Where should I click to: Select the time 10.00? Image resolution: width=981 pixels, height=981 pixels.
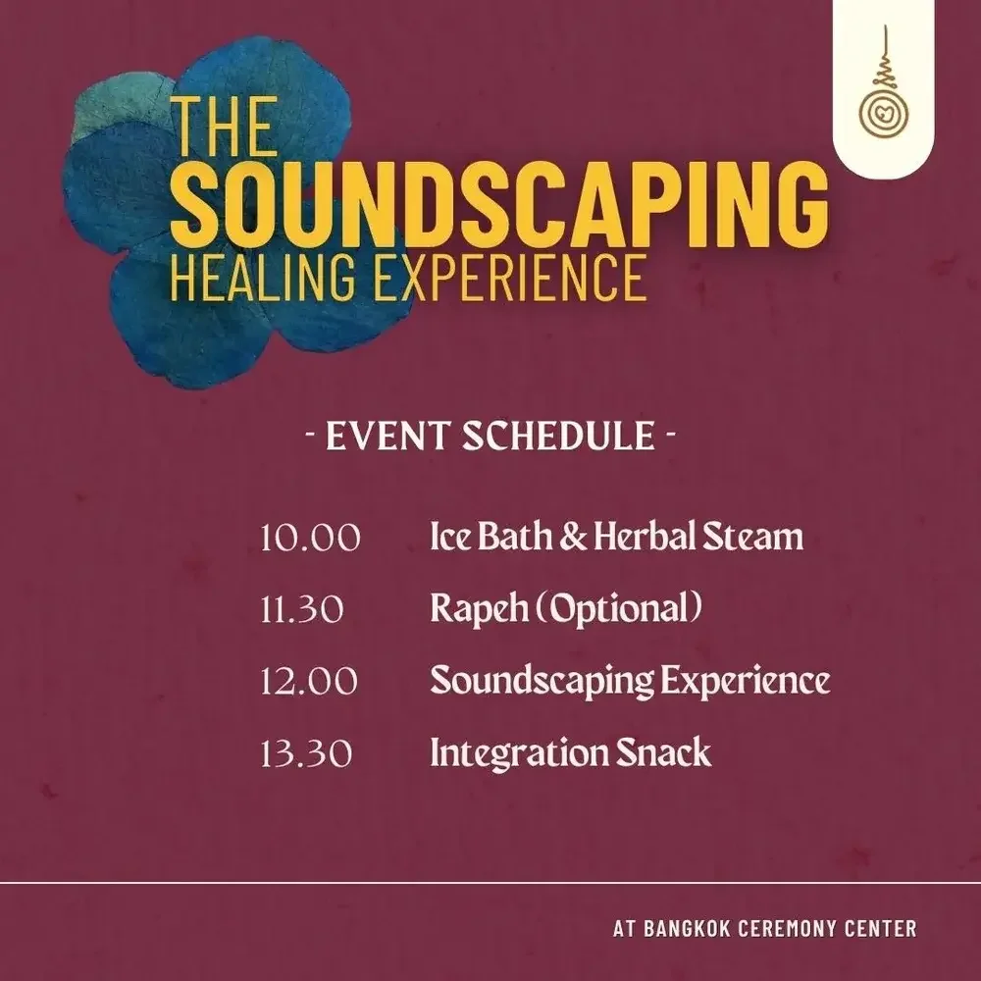coord(310,538)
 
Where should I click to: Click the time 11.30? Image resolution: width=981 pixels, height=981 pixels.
coord(302,610)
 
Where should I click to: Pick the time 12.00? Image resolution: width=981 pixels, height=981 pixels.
coord(309,682)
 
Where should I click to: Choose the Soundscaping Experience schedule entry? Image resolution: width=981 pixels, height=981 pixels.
coord(630,682)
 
